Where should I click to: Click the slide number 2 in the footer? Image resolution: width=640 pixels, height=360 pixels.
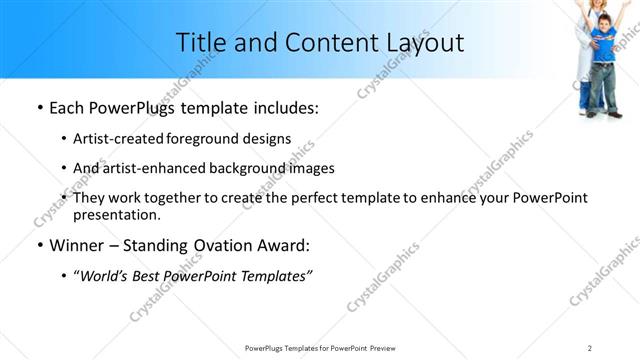590,347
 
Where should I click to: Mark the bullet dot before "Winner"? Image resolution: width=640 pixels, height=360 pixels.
37,245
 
